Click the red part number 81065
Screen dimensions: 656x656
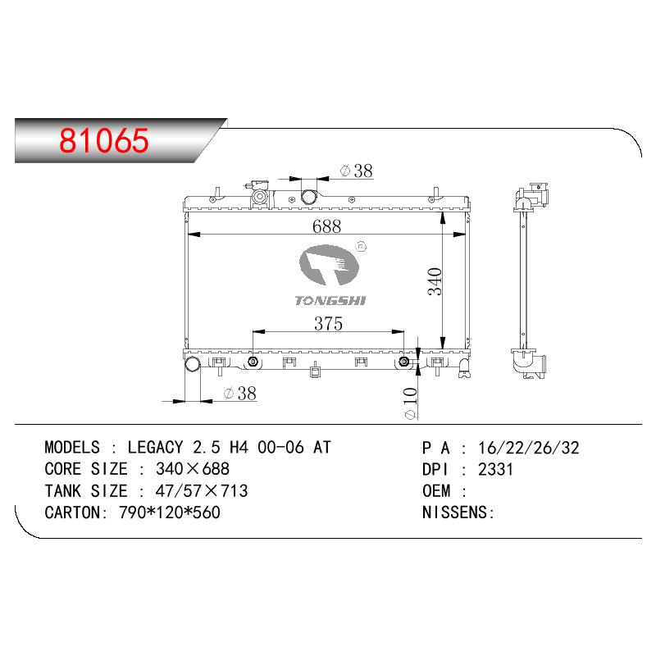coord(104,140)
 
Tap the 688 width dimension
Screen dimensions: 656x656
coord(326,226)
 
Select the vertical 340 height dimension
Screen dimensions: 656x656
coord(435,281)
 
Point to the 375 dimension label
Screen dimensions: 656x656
coord(329,323)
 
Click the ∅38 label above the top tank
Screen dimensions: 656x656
coord(357,171)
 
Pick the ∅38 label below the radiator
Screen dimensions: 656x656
coord(240,394)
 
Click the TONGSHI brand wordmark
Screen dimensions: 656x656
coord(330,300)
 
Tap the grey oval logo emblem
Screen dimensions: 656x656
coord(330,265)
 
